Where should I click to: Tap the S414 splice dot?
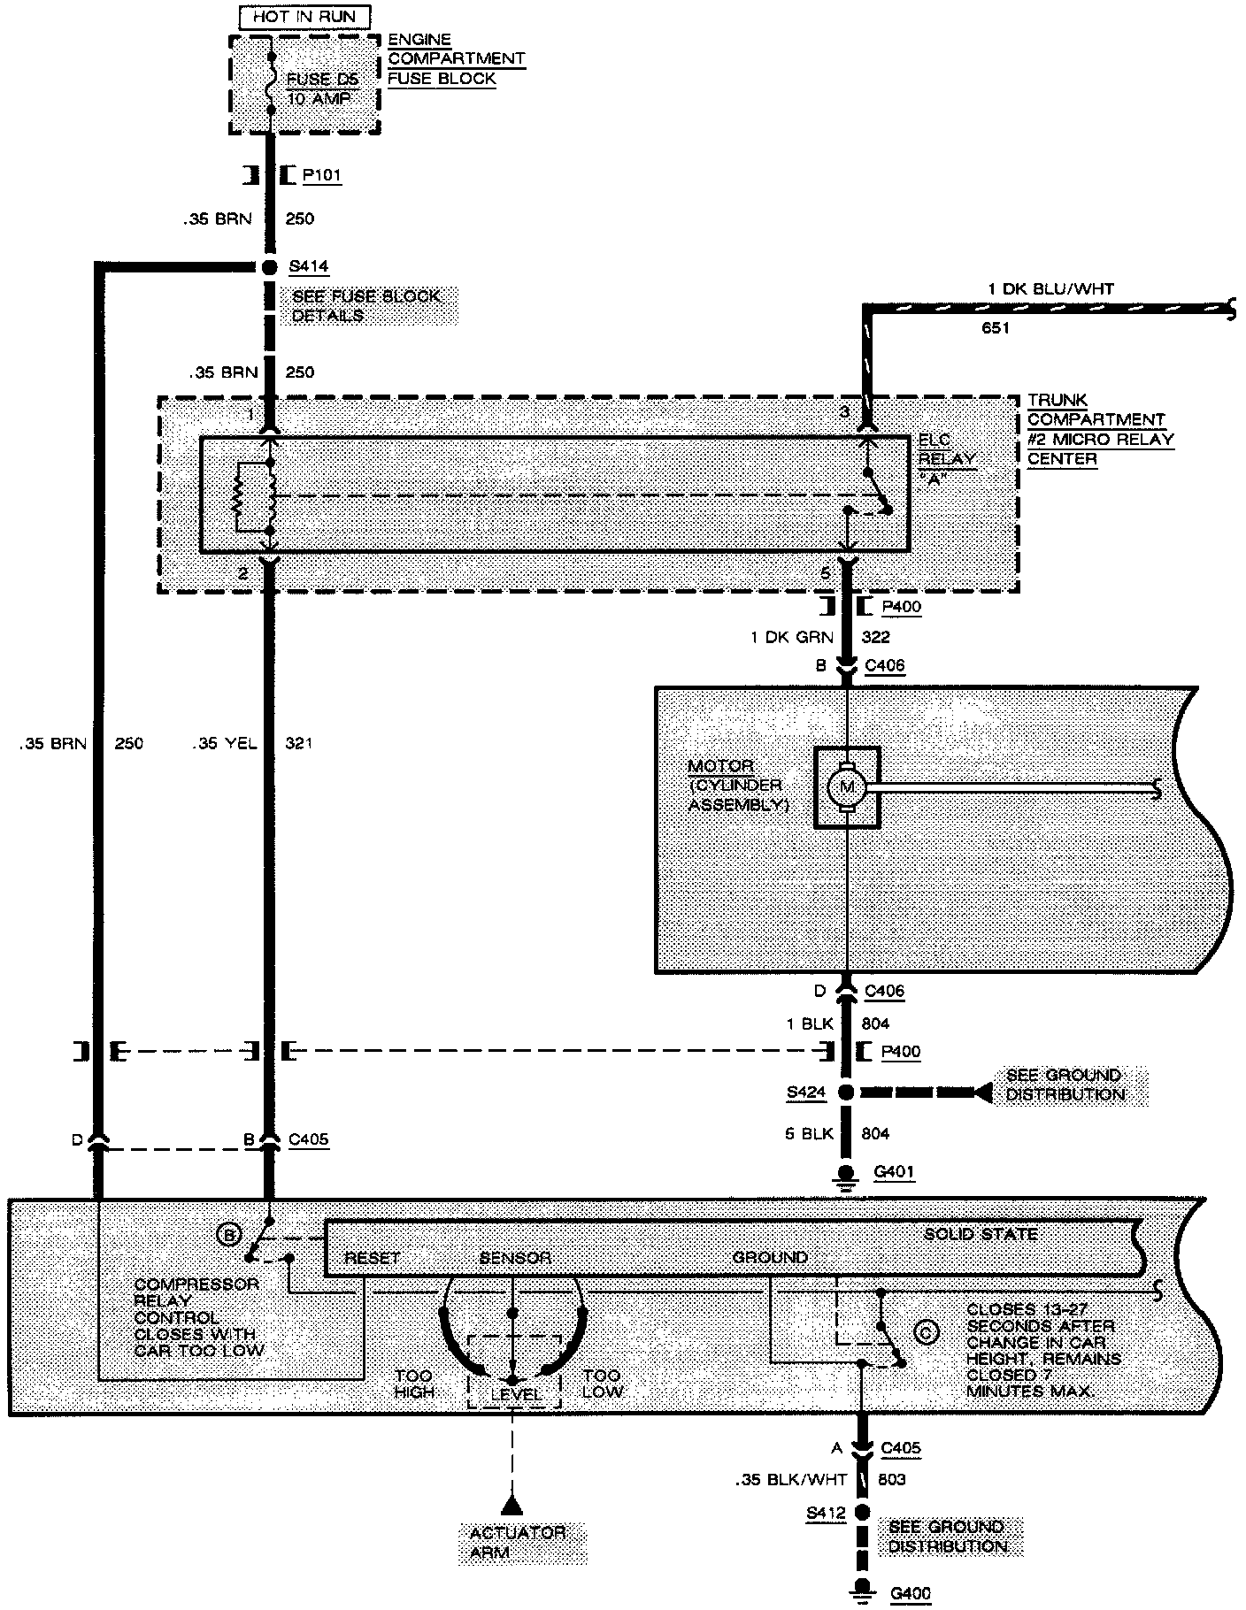(x=269, y=266)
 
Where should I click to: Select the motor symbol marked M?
(x=847, y=787)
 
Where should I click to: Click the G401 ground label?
(x=894, y=1172)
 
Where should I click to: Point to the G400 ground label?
(x=911, y=1594)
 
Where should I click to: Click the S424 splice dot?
(x=847, y=1092)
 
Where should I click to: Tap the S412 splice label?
(x=826, y=1514)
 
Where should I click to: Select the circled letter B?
(x=229, y=1234)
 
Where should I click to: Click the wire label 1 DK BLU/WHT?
(x=1050, y=288)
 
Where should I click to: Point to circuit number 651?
(x=996, y=328)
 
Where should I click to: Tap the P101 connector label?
(x=321, y=175)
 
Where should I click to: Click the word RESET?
(x=372, y=1257)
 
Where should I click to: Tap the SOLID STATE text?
(x=981, y=1234)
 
